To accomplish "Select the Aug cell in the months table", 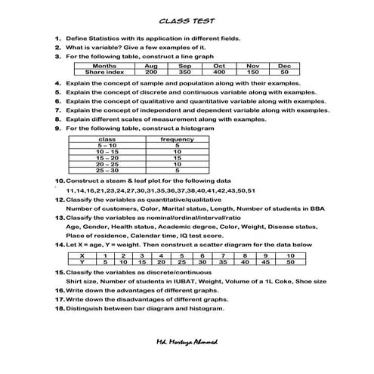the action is [151, 66].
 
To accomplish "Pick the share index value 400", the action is [219, 72].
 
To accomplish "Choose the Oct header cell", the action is [219, 66].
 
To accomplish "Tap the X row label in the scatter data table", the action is [81, 255].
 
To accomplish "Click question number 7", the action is [57, 110].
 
